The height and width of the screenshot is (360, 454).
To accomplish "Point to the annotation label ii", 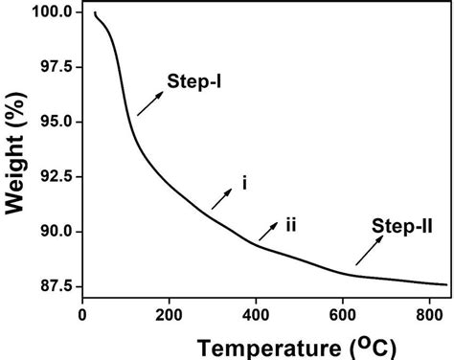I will click(289, 224).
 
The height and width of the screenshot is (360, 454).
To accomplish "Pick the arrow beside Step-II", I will click(368, 251).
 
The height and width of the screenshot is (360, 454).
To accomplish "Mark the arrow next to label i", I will click(221, 198).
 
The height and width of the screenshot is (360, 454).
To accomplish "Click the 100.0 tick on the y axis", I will click(50, 12).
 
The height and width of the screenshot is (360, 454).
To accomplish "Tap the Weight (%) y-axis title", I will click(16, 163).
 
